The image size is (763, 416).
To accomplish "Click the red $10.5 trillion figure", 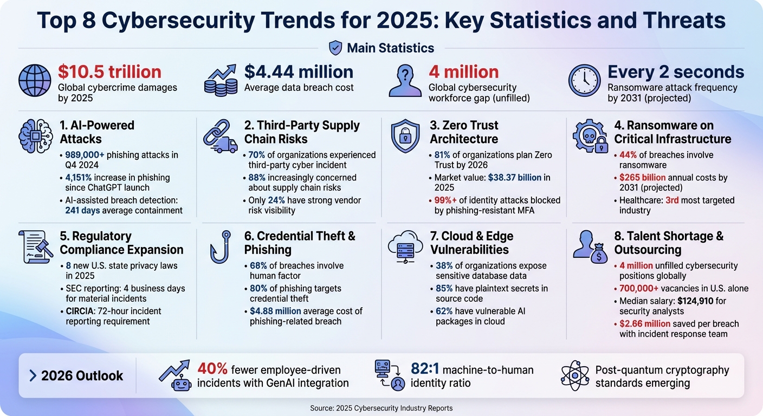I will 109,72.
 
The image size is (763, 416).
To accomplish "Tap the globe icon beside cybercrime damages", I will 35,81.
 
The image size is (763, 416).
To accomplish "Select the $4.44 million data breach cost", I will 299,72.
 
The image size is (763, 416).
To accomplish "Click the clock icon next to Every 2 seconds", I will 584,81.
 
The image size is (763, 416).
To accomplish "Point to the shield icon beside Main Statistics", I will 335,48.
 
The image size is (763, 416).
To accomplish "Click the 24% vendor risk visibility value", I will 276,200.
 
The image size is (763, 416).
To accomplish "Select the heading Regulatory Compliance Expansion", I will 121,243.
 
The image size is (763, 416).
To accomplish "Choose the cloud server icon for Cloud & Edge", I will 406,246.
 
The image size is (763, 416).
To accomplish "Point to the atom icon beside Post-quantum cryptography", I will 574,376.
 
